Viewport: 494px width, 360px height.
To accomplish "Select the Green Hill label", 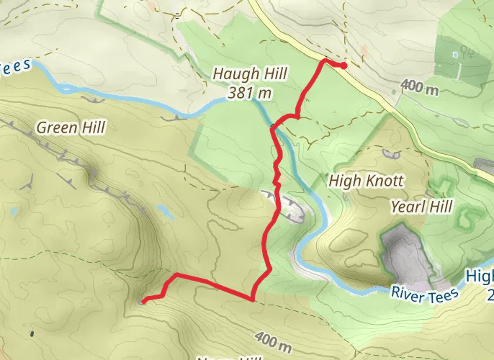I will [x=71, y=128].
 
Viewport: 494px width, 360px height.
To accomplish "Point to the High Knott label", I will [x=366, y=180].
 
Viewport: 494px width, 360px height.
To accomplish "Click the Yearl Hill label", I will [x=421, y=207].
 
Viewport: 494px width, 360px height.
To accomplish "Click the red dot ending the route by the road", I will [x=343, y=66].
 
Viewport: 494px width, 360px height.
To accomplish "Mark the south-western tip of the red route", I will [x=143, y=301].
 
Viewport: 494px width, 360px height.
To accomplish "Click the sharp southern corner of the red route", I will [x=252, y=299].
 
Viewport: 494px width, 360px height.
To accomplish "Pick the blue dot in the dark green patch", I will [x=455, y=55].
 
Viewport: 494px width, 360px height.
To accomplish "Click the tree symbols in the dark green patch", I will [x=467, y=50].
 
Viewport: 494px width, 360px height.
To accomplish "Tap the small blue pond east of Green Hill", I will [x=164, y=212].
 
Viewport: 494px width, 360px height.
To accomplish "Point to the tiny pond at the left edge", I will [x=14, y=212].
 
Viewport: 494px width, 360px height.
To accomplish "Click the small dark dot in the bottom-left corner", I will [x=32, y=333].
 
